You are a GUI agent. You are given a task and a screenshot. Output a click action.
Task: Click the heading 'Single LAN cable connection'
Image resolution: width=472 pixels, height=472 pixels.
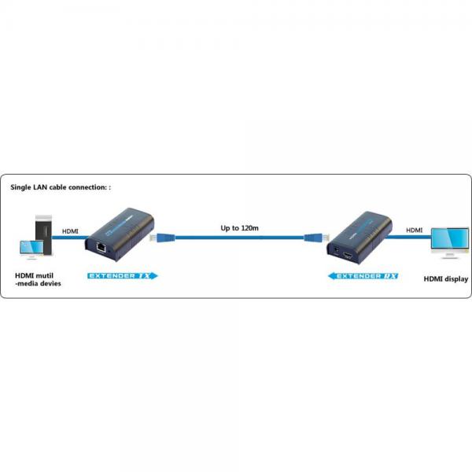[x=58, y=187]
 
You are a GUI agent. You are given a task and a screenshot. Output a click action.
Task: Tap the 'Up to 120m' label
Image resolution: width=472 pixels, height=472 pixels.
[x=240, y=228]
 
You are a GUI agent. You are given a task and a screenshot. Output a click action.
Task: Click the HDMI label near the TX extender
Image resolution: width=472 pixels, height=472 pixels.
[x=70, y=231]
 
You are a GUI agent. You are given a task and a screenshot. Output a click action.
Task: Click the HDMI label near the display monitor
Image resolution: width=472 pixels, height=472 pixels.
[x=415, y=230]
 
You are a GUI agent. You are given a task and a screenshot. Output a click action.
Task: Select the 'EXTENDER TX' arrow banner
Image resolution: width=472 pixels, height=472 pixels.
[x=123, y=276]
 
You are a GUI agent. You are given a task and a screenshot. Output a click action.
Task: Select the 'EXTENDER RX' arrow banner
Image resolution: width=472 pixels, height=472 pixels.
[x=363, y=276]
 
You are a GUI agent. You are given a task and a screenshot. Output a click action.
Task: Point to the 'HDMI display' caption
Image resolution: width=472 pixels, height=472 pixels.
[x=446, y=279]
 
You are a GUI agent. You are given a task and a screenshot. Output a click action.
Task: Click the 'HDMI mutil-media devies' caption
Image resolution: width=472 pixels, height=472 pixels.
[x=38, y=279]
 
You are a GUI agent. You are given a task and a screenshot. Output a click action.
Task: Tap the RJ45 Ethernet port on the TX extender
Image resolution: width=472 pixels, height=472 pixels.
[x=101, y=248]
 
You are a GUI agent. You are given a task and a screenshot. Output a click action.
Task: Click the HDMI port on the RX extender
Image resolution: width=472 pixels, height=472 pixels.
[x=348, y=256]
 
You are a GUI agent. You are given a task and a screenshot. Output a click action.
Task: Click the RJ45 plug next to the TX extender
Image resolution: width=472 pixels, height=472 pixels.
[x=162, y=238]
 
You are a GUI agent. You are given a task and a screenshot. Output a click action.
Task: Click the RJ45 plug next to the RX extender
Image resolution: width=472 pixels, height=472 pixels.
[x=317, y=238]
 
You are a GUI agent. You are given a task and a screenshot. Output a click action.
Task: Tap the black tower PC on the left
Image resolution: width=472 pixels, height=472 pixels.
[x=44, y=234]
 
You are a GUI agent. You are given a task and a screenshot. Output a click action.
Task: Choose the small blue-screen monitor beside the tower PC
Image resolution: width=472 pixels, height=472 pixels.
[x=31, y=249]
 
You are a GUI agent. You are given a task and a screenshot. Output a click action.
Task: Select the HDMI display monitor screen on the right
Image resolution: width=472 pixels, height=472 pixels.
[x=450, y=238]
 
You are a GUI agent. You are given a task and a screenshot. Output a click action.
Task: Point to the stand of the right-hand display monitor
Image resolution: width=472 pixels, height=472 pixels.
[x=450, y=254]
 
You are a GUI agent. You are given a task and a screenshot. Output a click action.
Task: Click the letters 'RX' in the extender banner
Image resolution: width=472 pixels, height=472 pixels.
[x=390, y=276]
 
